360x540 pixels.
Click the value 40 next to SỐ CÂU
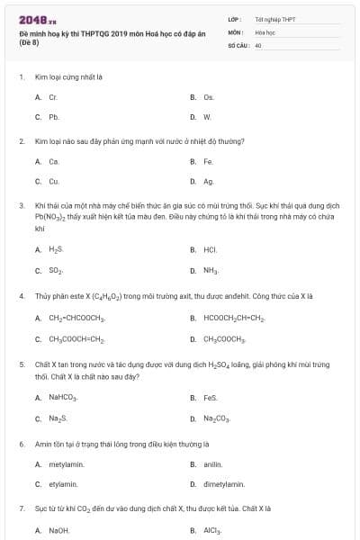pyautogui.click(x=258, y=44)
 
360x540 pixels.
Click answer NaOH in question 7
pyautogui.click(x=58, y=531)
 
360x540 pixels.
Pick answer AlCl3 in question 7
pyautogui.click(x=212, y=531)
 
